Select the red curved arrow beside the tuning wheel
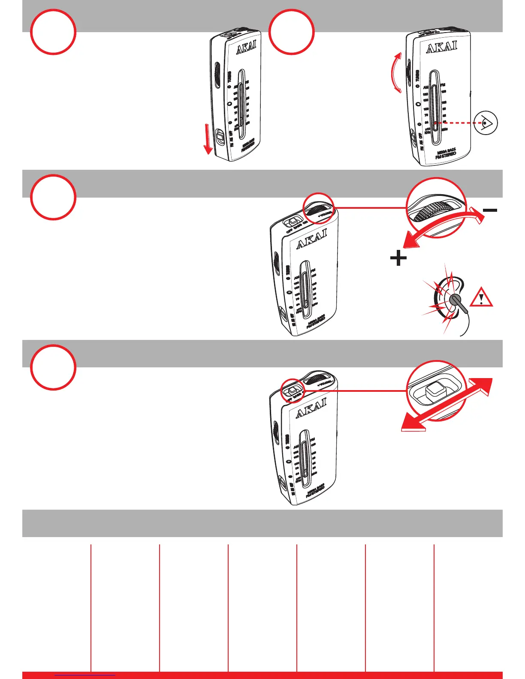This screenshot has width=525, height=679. (394, 73)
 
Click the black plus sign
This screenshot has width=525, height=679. (398, 258)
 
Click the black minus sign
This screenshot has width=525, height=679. (490, 210)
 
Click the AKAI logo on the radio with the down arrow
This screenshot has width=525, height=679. (246, 48)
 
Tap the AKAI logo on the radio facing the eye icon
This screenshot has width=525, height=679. (441, 47)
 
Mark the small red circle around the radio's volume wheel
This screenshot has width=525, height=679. (318, 208)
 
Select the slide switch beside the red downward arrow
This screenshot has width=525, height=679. (220, 138)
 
